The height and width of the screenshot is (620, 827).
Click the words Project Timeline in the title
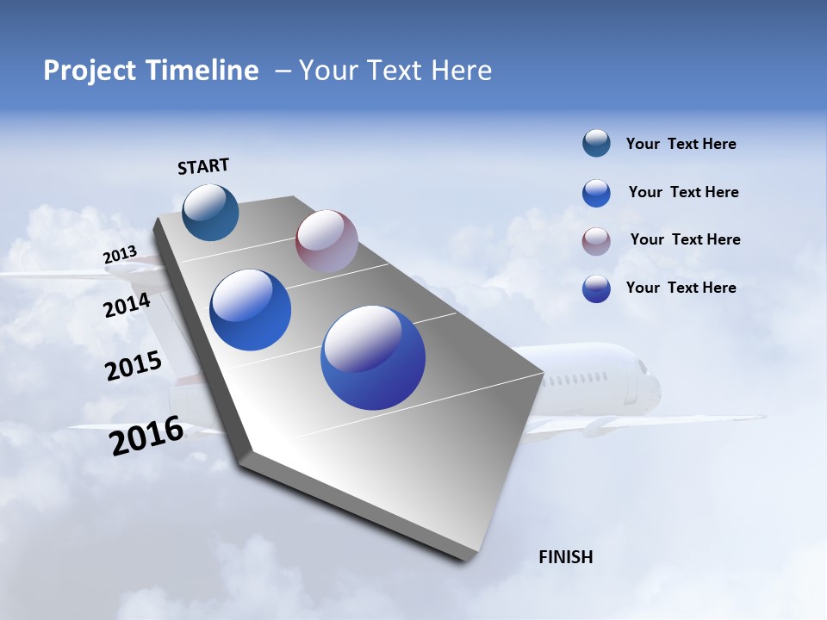pos(151,71)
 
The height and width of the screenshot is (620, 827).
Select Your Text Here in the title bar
pos(395,71)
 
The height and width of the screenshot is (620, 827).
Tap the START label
pos(203,166)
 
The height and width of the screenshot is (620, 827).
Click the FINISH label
pos(566,557)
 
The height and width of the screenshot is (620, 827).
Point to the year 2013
pos(120,255)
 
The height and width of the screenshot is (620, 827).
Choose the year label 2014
pos(127,305)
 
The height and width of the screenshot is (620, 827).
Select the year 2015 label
pos(134,366)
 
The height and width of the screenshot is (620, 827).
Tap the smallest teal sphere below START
pos(210,212)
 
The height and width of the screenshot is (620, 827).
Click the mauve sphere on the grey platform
pos(326,241)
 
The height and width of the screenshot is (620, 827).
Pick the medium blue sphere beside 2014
pos(251,310)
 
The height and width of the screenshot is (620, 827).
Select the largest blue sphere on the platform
pos(373,357)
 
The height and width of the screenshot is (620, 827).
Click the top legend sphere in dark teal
pos(596,144)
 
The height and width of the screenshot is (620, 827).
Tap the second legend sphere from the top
pos(596,193)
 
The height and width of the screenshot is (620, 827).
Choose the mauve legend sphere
pos(596,241)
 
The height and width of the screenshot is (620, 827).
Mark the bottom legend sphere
pos(596,288)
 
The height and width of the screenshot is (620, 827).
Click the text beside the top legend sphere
pos(681,144)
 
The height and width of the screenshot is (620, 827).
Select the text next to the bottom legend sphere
pos(681,288)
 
